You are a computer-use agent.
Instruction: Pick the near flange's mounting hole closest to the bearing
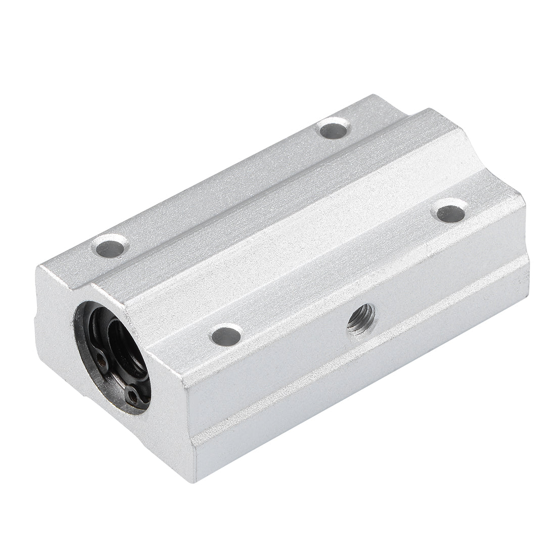tap(225, 334)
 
